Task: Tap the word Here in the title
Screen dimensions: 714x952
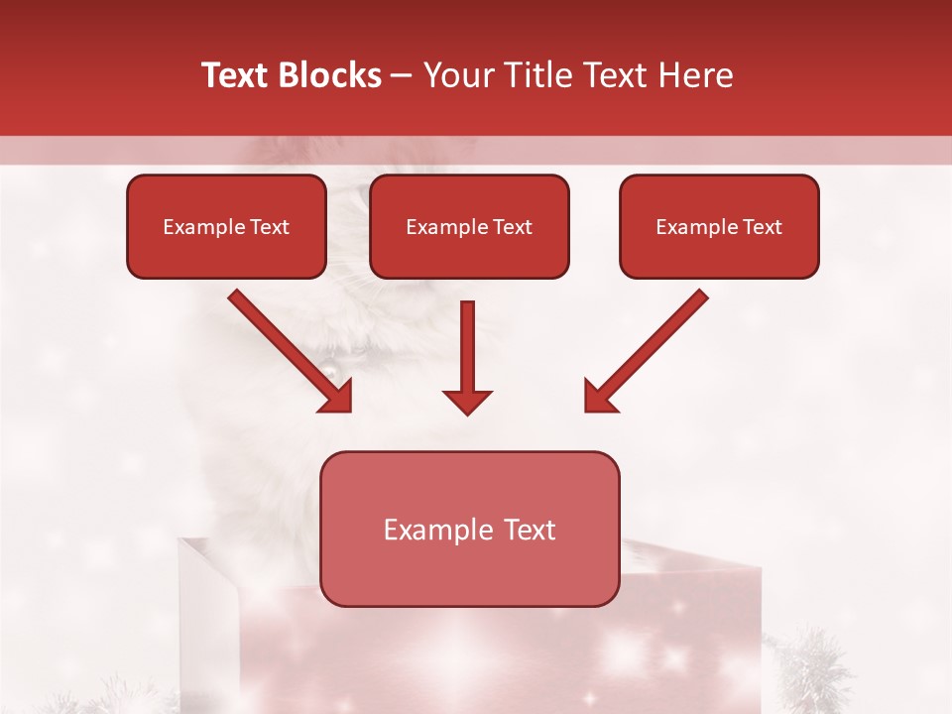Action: coord(695,75)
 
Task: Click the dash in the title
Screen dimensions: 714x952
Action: coord(402,75)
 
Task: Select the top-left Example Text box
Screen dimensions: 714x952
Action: coord(226,226)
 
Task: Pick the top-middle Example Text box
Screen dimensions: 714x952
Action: coord(469,226)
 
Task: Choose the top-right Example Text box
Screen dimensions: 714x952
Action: coord(719,226)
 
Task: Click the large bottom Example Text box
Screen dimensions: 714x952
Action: coord(469,529)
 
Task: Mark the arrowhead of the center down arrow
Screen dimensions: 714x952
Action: coord(467,402)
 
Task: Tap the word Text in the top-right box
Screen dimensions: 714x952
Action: coord(762,227)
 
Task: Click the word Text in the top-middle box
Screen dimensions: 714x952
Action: coord(512,227)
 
